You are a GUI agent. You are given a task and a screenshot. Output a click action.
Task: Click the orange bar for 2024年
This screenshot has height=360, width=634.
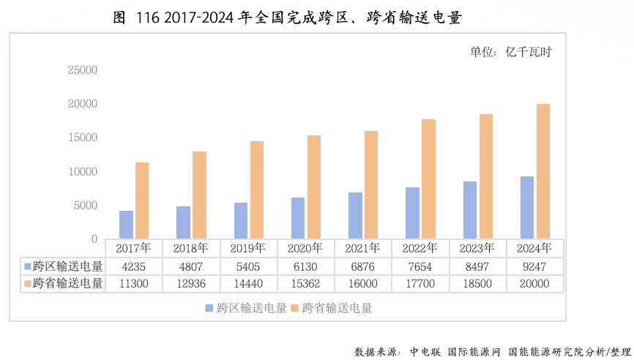543,171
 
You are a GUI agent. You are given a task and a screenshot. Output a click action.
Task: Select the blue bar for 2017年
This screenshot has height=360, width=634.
127,225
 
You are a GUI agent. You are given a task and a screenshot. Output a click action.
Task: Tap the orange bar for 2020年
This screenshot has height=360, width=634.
314,187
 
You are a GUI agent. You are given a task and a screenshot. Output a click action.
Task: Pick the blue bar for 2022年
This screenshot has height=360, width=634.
413,213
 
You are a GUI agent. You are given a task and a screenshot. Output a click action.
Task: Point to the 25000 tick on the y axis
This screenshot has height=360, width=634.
82,70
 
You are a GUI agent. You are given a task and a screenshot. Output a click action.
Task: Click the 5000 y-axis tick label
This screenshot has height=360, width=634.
85,206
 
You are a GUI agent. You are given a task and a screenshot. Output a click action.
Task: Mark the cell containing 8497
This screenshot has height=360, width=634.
477,266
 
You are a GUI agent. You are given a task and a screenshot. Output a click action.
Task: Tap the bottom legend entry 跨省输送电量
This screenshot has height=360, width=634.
337,308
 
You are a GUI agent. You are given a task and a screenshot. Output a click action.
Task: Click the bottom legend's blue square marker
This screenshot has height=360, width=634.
209,308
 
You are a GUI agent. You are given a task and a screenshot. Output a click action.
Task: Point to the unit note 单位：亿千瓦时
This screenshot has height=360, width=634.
510,52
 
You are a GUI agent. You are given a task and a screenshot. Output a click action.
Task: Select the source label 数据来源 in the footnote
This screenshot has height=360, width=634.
376,352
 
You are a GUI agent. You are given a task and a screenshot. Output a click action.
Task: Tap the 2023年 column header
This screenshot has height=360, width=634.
477,248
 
